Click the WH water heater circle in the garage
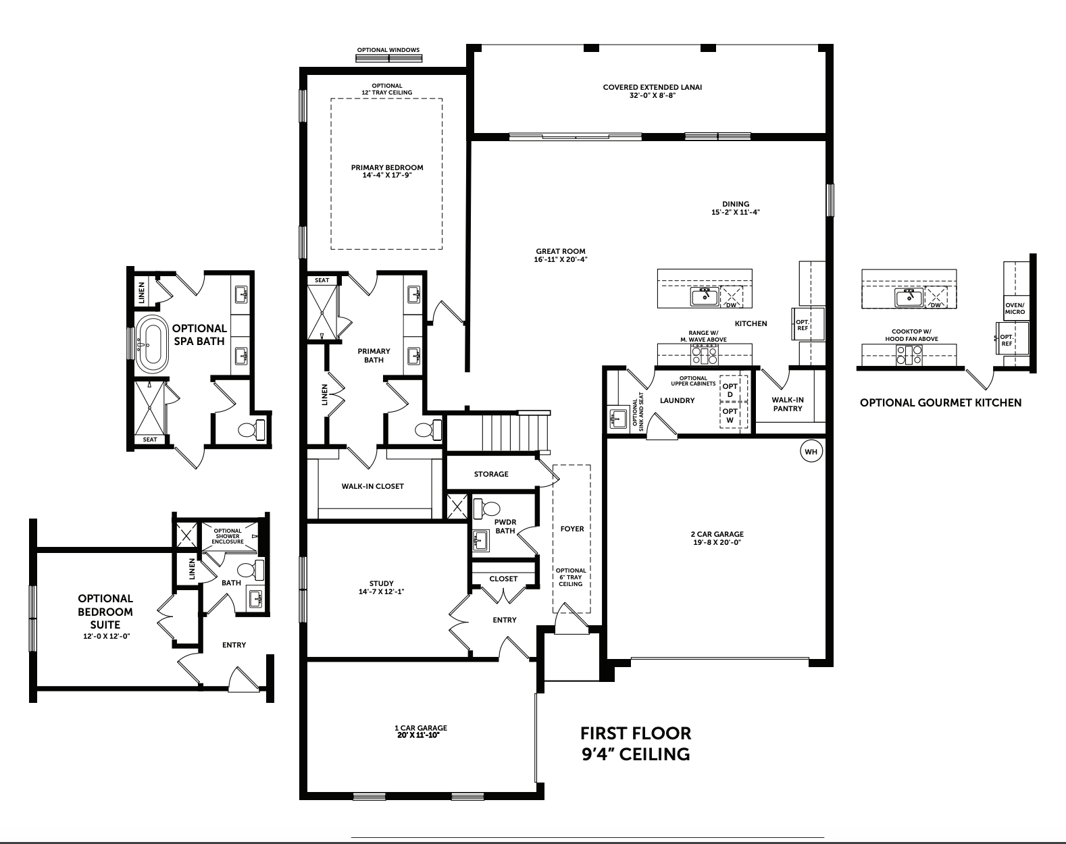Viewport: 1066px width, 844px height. (811, 452)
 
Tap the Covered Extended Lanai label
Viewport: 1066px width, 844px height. (653, 87)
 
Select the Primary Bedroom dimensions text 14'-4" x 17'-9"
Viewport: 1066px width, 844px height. (387, 176)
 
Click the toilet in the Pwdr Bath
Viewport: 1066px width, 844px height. (488, 508)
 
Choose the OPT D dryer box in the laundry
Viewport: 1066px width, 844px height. (730, 390)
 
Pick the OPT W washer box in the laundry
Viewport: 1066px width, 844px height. (730, 415)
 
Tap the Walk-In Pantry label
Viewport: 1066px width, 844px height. (788, 404)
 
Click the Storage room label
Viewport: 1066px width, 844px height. (491, 474)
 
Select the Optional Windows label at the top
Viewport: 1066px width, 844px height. (388, 50)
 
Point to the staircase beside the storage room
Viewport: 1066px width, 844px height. (515, 432)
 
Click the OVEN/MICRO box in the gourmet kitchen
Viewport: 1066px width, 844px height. (1015, 308)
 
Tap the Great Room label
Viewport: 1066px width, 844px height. (560, 251)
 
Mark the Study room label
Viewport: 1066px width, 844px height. (382, 583)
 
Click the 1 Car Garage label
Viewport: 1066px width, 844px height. (421, 728)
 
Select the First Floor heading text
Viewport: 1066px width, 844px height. (636, 733)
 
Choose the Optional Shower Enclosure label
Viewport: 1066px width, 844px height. (228, 536)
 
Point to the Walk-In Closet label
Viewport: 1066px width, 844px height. (372, 486)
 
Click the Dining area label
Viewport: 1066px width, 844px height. (736, 204)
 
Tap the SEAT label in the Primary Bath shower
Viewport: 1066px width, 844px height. (322, 280)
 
